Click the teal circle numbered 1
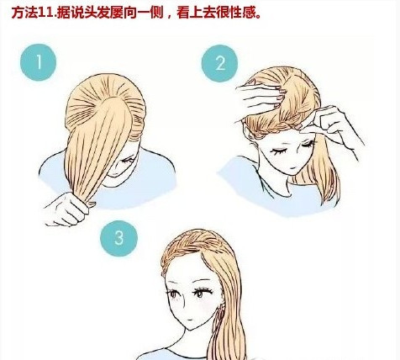(39, 62)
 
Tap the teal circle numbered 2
(220, 63)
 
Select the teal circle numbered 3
(119, 238)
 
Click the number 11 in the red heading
(45, 13)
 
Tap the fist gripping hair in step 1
(67, 209)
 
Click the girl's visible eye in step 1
(128, 161)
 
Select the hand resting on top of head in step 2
(259, 97)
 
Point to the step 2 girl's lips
(292, 167)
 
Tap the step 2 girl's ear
(248, 134)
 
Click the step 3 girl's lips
(190, 320)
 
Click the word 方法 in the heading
(24, 13)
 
